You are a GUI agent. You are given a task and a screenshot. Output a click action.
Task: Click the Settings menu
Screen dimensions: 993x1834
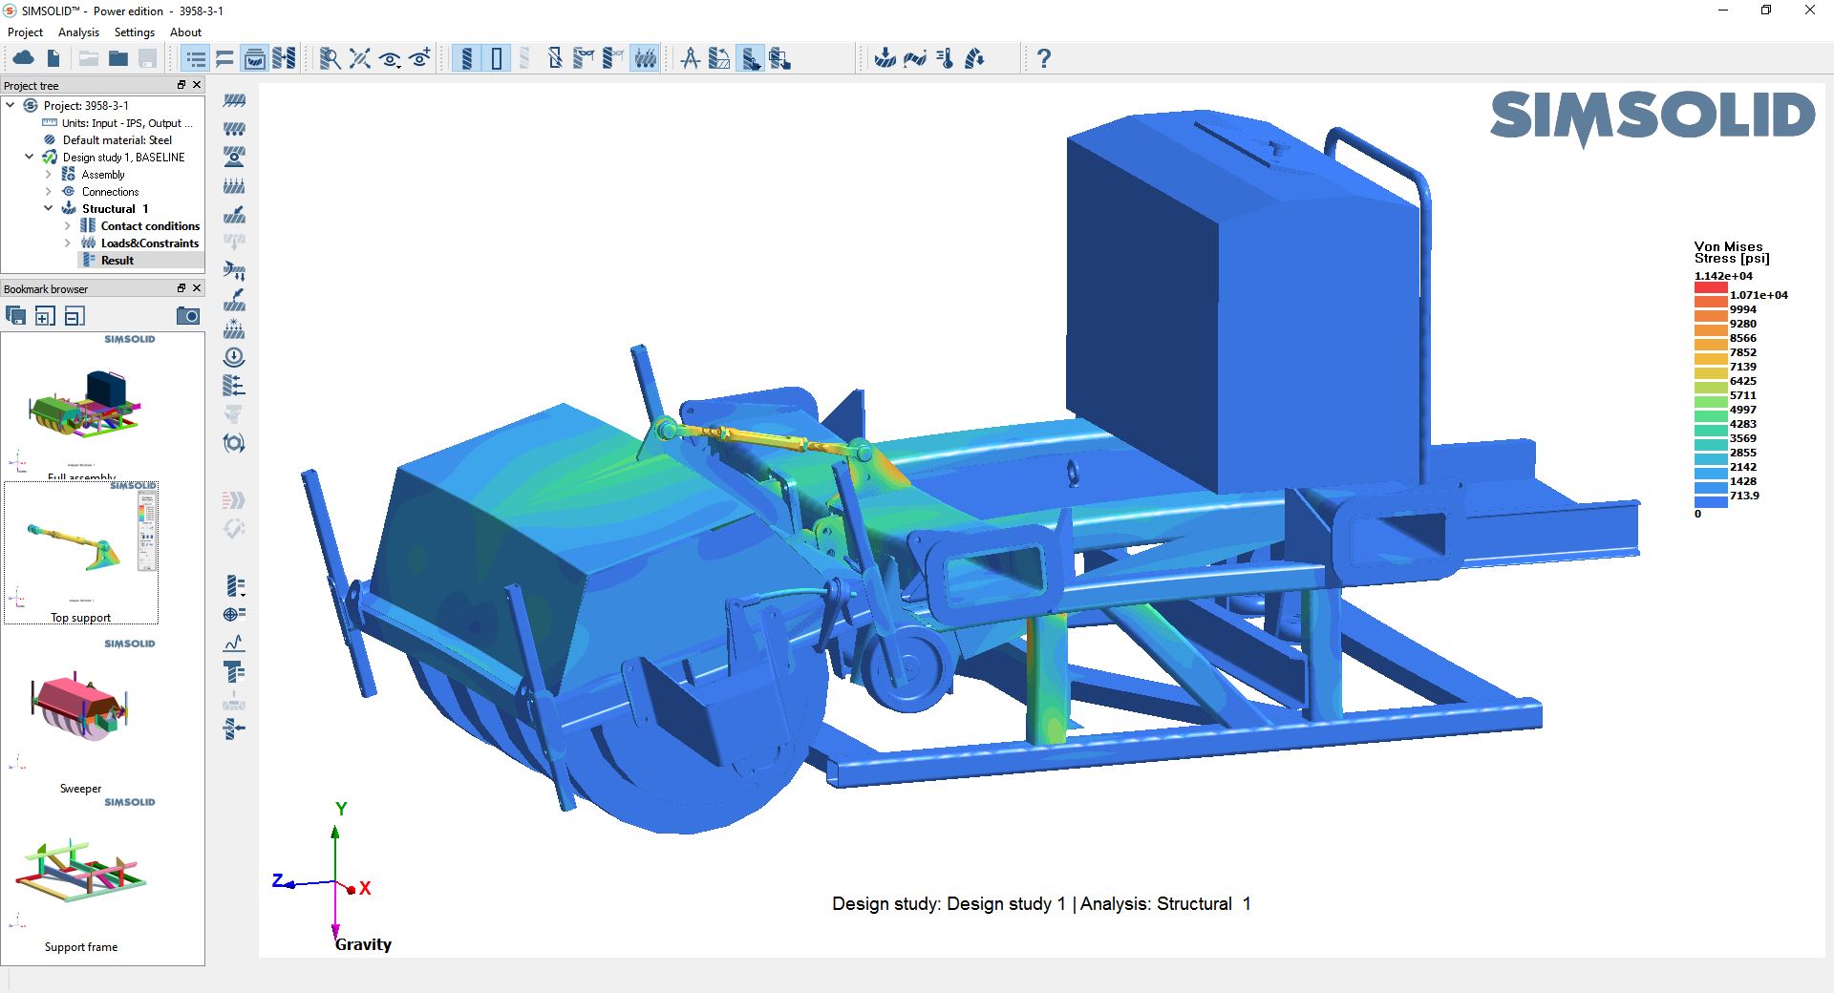(134, 32)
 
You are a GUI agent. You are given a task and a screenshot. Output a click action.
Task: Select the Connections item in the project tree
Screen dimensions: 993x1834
(110, 192)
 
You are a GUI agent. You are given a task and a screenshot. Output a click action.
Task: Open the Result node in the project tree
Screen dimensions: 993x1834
(117, 261)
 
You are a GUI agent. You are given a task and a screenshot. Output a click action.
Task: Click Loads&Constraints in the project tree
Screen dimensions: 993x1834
(150, 243)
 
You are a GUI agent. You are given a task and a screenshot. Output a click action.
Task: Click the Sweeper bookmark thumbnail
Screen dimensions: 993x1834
(81, 711)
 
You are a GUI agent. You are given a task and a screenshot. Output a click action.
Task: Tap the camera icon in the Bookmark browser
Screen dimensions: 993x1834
(188, 316)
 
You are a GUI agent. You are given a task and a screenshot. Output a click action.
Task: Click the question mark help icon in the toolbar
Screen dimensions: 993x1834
(1044, 59)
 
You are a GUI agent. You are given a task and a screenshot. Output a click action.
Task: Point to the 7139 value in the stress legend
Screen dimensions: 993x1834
(1743, 367)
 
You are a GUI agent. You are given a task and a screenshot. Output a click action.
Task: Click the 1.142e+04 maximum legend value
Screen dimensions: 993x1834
(1723, 276)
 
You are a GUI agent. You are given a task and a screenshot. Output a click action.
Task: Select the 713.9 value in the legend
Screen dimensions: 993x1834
(1744, 496)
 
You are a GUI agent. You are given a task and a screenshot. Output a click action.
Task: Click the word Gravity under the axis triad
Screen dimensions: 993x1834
(363, 944)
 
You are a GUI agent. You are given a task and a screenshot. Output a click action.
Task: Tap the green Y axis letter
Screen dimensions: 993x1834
(341, 809)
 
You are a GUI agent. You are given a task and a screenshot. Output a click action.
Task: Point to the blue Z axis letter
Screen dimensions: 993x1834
(278, 880)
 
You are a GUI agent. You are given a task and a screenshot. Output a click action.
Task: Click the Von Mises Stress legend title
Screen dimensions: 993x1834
(1731, 252)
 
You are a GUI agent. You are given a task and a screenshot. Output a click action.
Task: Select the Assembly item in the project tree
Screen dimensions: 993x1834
(103, 175)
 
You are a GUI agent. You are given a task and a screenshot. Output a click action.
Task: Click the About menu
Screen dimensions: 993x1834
(185, 32)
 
